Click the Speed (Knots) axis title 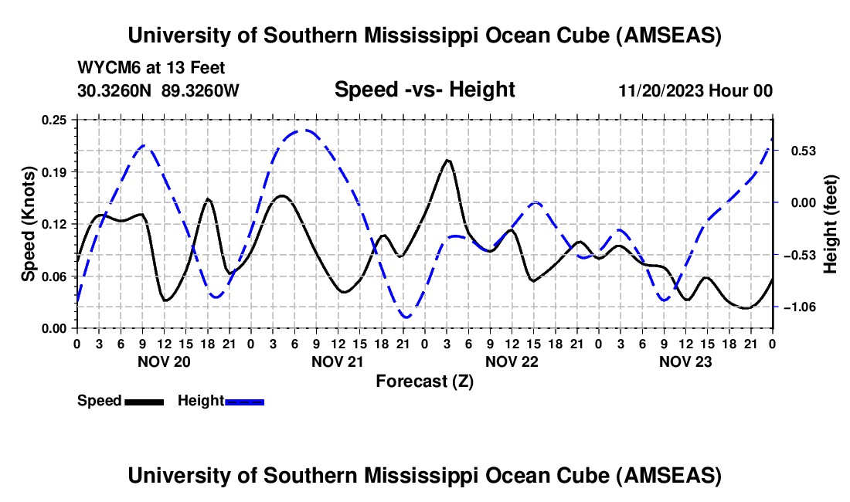[x=28, y=224]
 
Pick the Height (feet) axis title [x=831, y=224]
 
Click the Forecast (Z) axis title [x=424, y=381]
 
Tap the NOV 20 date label [x=164, y=361]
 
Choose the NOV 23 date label [x=685, y=361]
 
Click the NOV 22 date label [x=512, y=361]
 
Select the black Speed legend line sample [x=144, y=401]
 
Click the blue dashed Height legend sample [x=245, y=401]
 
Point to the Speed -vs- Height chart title [x=424, y=90]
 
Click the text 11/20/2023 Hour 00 [x=695, y=90]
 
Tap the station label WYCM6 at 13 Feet [x=151, y=68]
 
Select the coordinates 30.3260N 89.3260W [x=158, y=90]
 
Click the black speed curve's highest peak [x=447, y=160]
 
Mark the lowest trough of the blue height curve [x=405, y=317]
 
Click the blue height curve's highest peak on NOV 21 [x=307, y=130]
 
